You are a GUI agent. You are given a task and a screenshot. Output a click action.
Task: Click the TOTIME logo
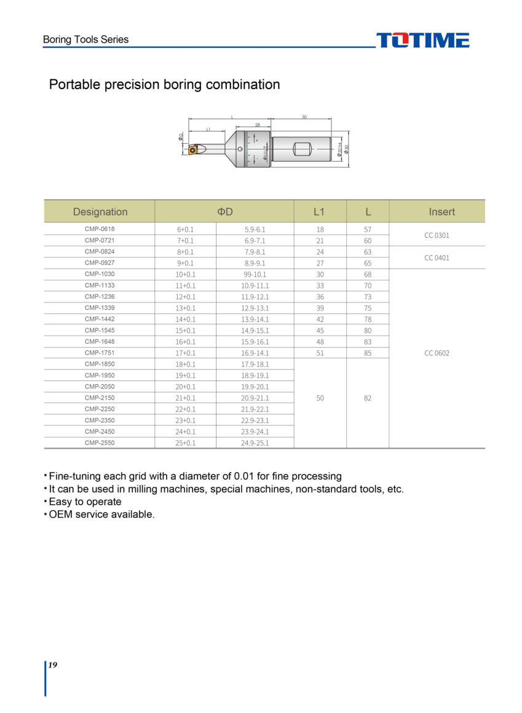[x=422, y=41]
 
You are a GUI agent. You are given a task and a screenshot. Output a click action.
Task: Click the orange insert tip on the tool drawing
[x=192, y=149]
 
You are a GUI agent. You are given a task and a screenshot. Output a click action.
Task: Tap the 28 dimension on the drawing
[x=258, y=125]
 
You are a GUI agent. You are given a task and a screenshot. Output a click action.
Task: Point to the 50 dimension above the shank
[x=304, y=117]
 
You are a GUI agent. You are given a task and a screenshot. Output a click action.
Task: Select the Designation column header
[x=100, y=212]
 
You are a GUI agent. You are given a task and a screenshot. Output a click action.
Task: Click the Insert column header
[x=441, y=212]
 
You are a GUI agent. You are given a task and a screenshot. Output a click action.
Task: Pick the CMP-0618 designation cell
[x=100, y=229]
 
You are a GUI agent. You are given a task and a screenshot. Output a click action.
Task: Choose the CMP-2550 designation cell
[x=100, y=443]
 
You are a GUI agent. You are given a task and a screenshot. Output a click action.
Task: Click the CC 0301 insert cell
[x=437, y=235]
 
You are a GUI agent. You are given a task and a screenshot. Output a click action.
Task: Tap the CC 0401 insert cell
[x=437, y=258]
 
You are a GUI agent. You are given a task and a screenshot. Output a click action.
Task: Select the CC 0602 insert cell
[x=437, y=353]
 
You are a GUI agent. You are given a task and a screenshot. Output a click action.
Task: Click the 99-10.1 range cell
[x=255, y=275]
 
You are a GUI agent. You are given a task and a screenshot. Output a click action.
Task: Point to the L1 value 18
[x=320, y=229]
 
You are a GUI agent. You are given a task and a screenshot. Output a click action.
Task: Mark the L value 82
[x=368, y=398]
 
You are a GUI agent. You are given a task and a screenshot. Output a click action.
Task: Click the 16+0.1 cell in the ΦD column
[x=185, y=342]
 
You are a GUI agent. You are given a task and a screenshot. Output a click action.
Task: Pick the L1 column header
[x=318, y=212]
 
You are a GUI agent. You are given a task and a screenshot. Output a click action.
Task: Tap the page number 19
[x=52, y=665]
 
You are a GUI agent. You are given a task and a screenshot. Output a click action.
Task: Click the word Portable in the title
[x=74, y=85]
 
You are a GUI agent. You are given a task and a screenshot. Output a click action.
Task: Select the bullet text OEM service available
[x=101, y=514]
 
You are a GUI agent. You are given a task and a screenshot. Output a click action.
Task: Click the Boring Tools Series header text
[x=85, y=39]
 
